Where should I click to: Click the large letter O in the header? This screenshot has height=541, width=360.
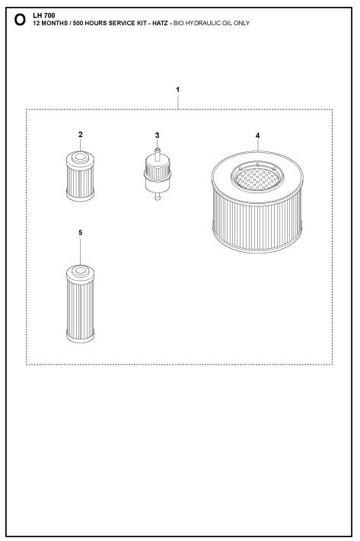point(20,21)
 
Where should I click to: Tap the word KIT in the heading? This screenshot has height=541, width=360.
point(135,24)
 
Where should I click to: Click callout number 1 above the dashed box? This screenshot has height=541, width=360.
point(178,90)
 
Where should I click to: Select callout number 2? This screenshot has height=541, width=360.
point(80,135)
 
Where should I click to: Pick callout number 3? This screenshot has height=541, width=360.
point(157,135)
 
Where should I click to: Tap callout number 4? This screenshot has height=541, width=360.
point(257,135)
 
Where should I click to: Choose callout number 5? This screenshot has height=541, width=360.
point(80,232)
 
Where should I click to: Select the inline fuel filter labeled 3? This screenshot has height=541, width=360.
point(157,171)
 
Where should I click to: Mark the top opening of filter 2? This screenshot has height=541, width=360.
point(79,158)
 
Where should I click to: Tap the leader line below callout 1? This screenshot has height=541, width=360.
point(178,102)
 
